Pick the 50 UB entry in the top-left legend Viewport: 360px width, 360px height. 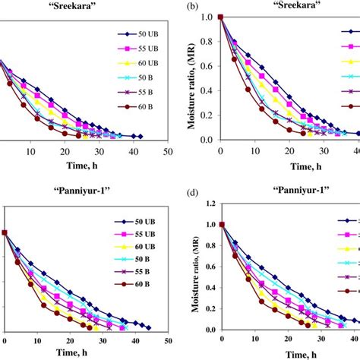(x=139, y=35)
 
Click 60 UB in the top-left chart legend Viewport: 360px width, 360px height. (x=139, y=69)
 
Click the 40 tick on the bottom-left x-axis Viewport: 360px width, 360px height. (x=135, y=339)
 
